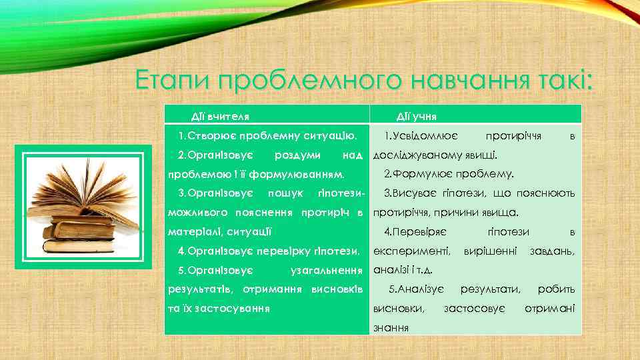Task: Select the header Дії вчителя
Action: tap(221, 117)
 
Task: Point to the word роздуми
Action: tap(298, 155)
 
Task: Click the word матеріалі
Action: tap(194, 232)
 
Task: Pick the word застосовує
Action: tap(474, 308)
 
